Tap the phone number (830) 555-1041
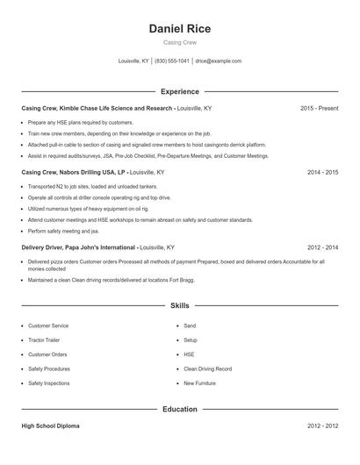(x=172, y=61)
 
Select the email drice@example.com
(x=219, y=61)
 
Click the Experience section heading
(x=180, y=91)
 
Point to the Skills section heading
(x=180, y=306)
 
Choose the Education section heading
(x=180, y=409)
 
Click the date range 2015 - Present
(x=319, y=108)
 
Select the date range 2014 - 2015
(x=322, y=173)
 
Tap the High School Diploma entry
(x=50, y=426)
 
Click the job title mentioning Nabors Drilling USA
(x=75, y=173)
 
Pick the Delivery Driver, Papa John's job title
(x=79, y=247)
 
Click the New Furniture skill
(x=200, y=383)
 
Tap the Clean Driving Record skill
(x=207, y=368)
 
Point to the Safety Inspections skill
(x=49, y=383)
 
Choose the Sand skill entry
(x=190, y=325)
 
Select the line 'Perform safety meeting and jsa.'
(x=63, y=231)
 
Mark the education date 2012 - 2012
(x=322, y=426)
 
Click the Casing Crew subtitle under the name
(x=180, y=43)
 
